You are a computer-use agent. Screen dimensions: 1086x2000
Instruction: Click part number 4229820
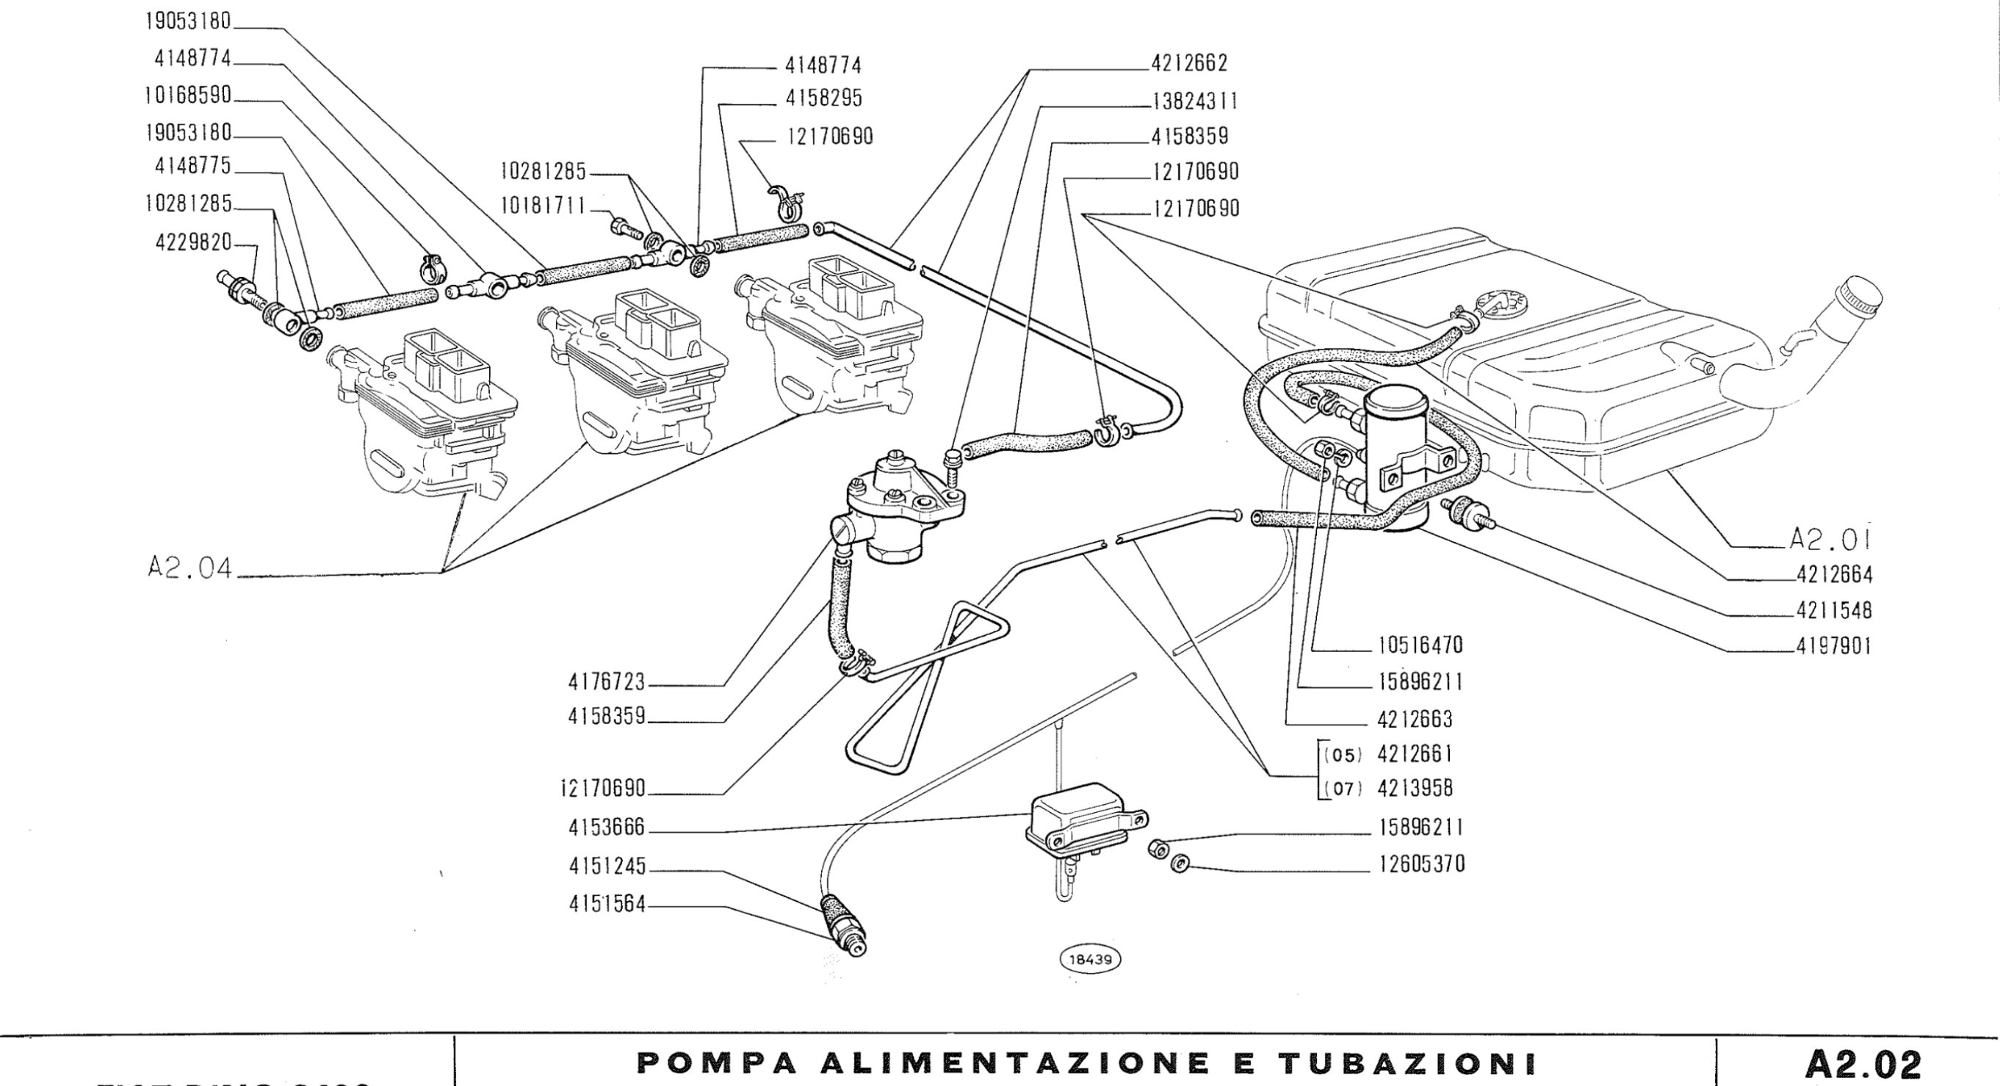pyautogui.click(x=193, y=243)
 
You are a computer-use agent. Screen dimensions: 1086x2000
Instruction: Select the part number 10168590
pyautogui.click(x=188, y=95)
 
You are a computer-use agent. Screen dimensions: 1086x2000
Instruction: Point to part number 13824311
pyautogui.click(x=1194, y=101)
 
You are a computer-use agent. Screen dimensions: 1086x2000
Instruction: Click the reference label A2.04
pyautogui.click(x=190, y=569)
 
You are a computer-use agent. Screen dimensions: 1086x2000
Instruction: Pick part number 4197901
pyautogui.click(x=1834, y=647)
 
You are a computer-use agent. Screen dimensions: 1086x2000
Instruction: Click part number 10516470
pyautogui.click(x=1420, y=646)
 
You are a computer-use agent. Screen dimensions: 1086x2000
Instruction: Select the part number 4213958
pyautogui.click(x=1415, y=789)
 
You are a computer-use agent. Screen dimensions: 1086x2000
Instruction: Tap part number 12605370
pyautogui.click(x=1420, y=865)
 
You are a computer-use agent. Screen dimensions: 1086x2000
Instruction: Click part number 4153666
pyautogui.click(x=607, y=828)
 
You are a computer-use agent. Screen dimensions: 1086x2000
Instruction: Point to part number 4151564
pyautogui.click(x=607, y=905)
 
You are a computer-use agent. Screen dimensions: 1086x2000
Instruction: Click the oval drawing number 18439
pyautogui.click(x=1090, y=960)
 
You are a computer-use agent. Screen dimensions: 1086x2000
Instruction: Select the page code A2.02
pyautogui.click(x=1864, y=1063)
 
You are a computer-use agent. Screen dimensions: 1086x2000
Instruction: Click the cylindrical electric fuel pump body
pyautogui.click(x=1396, y=458)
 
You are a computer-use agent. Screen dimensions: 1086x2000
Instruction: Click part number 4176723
pyautogui.click(x=607, y=682)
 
